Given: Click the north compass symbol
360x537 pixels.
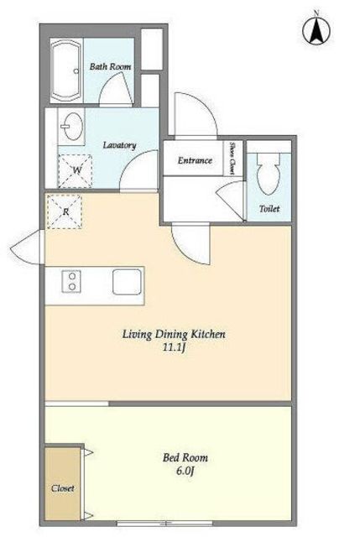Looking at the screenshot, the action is point(316,29).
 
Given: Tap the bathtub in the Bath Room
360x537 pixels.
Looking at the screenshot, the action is point(66,70).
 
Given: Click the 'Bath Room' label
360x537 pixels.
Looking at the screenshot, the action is point(110,66).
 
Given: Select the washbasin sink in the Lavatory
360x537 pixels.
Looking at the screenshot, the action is point(72,126).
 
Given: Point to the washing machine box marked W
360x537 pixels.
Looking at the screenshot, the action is point(75,171).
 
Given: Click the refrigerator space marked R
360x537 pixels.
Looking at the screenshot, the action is point(65,211).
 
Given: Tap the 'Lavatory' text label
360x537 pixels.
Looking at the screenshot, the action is point(119,145).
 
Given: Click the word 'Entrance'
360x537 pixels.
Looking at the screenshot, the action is point(195,160).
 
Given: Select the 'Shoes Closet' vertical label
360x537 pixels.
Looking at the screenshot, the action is point(232,159).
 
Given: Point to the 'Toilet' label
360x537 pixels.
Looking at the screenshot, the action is point(269,209).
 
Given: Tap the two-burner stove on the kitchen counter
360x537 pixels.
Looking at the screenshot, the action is point(71,282).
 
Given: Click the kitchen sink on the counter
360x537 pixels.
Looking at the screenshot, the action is point(127,282).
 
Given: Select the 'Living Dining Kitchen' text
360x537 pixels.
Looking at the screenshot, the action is point(174,334).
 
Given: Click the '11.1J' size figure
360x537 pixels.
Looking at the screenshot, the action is point(174,347).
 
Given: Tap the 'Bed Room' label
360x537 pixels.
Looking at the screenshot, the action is point(185,457).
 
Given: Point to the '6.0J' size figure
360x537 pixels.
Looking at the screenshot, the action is point(185,472).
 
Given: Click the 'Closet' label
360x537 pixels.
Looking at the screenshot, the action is point(63,488).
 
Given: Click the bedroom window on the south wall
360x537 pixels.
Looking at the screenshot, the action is point(164,524).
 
